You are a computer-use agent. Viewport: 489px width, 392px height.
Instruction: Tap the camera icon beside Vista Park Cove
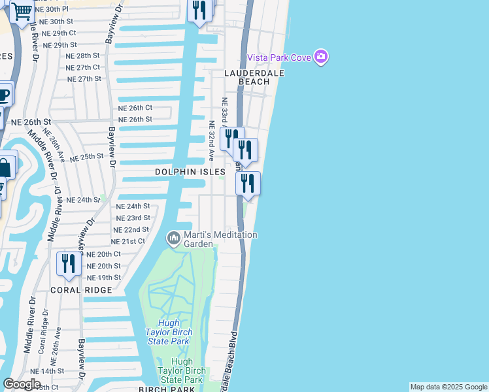click(320, 57)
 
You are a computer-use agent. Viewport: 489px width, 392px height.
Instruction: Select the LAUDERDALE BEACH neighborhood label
click(256, 78)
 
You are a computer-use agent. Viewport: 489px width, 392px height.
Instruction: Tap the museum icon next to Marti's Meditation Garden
click(173, 238)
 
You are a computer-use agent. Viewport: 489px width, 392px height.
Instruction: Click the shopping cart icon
click(22, 11)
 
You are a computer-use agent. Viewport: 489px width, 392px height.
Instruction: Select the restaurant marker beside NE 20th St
click(68, 264)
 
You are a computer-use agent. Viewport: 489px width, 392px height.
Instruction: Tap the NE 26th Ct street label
click(135, 108)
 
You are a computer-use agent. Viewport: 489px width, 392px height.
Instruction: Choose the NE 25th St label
click(87, 157)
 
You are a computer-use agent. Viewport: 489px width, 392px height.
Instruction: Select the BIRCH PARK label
click(167, 389)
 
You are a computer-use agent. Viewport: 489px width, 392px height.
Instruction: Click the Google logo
click(22, 384)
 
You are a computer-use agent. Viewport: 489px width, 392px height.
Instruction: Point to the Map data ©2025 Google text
click(448, 387)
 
